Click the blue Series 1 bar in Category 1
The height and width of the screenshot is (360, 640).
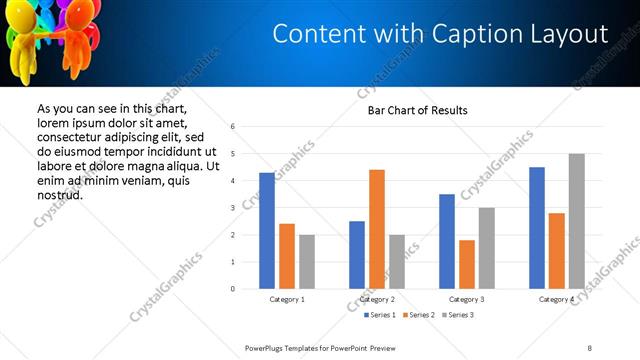(267, 231)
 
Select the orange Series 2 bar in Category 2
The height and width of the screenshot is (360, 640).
(377, 229)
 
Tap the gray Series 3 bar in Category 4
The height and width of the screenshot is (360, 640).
(576, 221)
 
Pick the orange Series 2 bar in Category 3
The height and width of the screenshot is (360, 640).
(467, 264)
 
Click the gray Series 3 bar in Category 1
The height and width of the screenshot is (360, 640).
(306, 262)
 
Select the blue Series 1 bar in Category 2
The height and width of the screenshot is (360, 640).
(357, 255)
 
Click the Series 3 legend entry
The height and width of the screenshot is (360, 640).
(457, 315)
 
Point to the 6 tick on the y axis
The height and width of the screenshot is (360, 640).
(232, 127)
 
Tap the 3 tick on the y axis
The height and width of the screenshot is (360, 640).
(232, 208)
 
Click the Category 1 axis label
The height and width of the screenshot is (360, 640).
(287, 299)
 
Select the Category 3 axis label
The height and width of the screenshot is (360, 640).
(467, 299)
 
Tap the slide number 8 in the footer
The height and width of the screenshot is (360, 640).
(589, 347)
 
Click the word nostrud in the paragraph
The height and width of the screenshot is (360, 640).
(59, 194)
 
